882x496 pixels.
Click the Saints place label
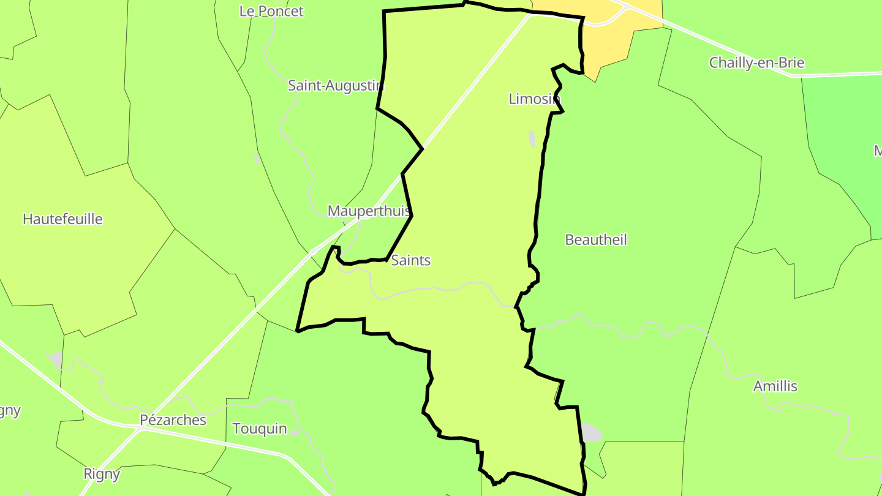pyautogui.click(x=410, y=260)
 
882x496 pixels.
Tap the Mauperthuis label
pyautogui.click(x=369, y=211)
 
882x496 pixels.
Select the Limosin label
pyautogui.click(x=534, y=99)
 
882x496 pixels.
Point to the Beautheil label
pyautogui.click(x=596, y=239)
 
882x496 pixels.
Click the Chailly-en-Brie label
pyautogui.click(x=756, y=62)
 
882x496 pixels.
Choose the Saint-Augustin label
pyautogui.click(x=335, y=85)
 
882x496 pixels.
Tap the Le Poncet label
pyautogui.click(x=271, y=11)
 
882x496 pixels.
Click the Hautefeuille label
pyautogui.click(x=62, y=219)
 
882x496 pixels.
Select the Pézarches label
pyautogui.click(x=173, y=420)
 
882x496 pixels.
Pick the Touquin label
pyautogui.click(x=260, y=428)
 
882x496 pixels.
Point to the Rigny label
pyautogui.click(x=102, y=473)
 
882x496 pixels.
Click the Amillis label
pyautogui.click(x=775, y=386)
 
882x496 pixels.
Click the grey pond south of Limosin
pyautogui.click(x=532, y=139)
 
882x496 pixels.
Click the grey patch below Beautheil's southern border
pyautogui.click(x=590, y=433)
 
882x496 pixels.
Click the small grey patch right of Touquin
pyautogui.click(x=295, y=433)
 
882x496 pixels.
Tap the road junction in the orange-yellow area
pyautogui.click(x=625, y=8)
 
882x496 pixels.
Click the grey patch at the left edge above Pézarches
pyautogui.click(x=55, y=360)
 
